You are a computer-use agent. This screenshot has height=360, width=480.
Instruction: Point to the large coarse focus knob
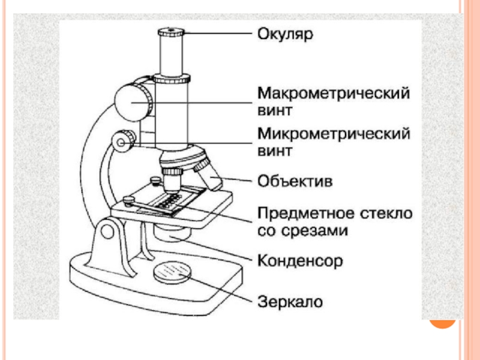133,101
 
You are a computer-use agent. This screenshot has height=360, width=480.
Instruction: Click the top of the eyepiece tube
171,31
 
